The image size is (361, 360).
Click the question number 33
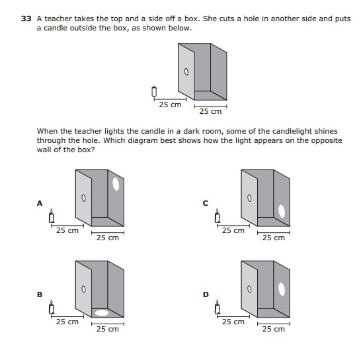pyautogui.click(x=26, y=19)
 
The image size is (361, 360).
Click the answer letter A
pyautogui.click(x=40, y=203)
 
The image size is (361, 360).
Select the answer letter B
pyautogui.click(x=40, y=294)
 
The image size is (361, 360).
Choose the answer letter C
pyautogui.click(x=206, y=203)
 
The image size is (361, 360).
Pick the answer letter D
pyautogui.click(x=206, y=294)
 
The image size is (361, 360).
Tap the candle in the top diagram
pyautogui.click(x=154, y=91)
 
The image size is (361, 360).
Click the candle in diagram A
pyautogui.click(x=52, y=216)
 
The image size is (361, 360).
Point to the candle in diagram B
pyautogui.click(x=52, y=307)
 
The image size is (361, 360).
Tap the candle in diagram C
pyautogui.click(x=218, y=216)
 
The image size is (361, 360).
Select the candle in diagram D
pyautogui.click(x=218, y=307)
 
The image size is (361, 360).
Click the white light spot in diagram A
pyautogui.click(x=116, y=184)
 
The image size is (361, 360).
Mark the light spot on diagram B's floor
pyautogui.click(x=102, y=313)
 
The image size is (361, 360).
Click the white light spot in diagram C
pyautogui.click(x=282, y=211)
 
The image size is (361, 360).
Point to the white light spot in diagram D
pyautogui.click(x=282, y=289)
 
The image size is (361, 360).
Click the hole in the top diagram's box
pyautogui.click(x=186, y=72)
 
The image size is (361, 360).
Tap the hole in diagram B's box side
pyautogui.click(x=83, y=289)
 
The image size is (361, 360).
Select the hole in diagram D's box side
pyautogui.click(x=249, y=289)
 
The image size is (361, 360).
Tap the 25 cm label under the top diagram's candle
pyautogui.click(x=170, y=105)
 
